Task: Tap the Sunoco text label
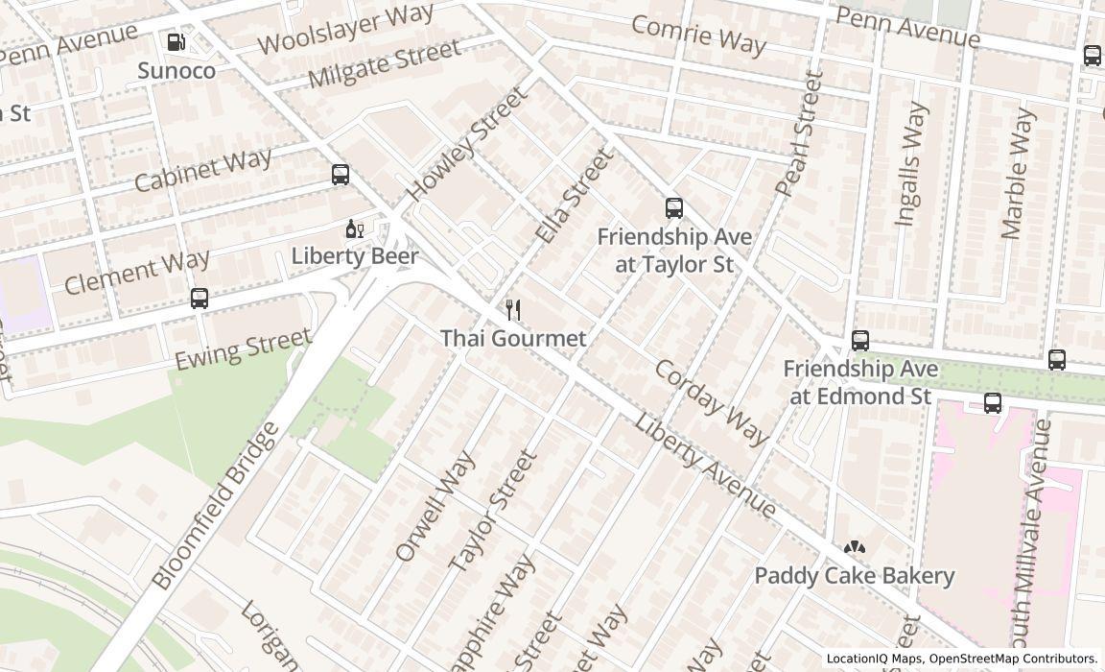coord(176,70)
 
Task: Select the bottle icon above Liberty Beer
coord(354,228)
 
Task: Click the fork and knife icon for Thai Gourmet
coord(513,310)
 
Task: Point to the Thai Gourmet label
coord(513,338)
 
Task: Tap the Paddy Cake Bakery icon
coord(854,547)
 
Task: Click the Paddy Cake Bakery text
coord(854,575)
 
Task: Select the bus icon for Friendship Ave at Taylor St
coord(674,208)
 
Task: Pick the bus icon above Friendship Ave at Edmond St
coord(860,341)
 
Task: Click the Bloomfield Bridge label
coord(215,505)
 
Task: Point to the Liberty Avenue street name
coord(705,466)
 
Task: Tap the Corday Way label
coord(712,402)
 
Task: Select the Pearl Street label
coord(800,133)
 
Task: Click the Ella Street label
coord(574,195)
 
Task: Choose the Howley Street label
coord(467,144)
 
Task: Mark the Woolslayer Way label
coord(345,29)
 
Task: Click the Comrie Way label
coord(698,35)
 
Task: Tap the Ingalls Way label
coord(911,165)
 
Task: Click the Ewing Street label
coord(243,348)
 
